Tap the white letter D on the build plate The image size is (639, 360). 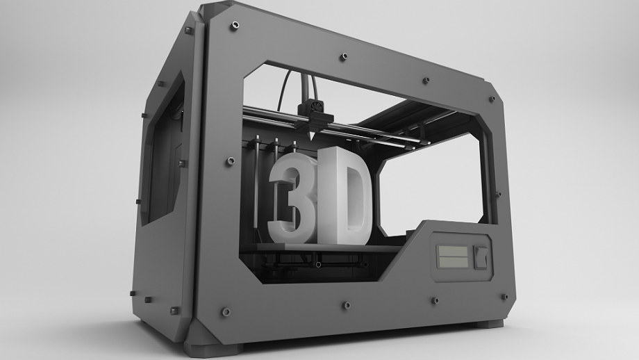[x=347, y=196]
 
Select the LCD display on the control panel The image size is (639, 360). [x=451, y=256]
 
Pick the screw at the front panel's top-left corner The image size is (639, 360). [x=234, y=25]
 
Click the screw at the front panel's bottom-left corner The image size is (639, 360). [x=225, y=312]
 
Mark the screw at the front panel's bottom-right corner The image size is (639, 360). [x=506, y=296]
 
